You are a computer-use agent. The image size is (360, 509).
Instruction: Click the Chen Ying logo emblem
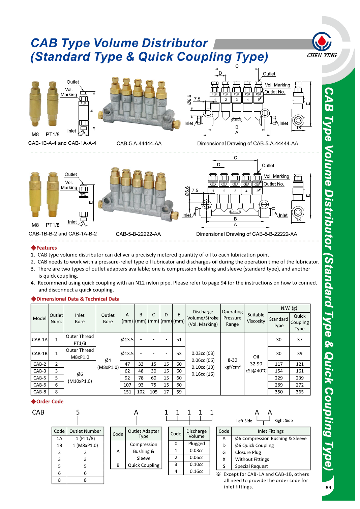pyautogui.click(x=322, y=42)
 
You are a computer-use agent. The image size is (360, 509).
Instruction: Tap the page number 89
pyautogui.click(x=328, y=487)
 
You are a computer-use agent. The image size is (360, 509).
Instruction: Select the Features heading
pyautogui.click(x=47, y=248)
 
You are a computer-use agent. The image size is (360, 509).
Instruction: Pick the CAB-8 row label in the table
pyautogui.click(x=40, y=392)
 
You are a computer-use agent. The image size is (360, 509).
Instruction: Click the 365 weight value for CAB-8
pyautogui.click(x=300, y=392)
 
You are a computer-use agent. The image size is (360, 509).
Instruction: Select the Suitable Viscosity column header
pyautogui.click(x=256, y=318)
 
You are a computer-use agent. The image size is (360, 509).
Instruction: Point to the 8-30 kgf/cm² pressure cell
pyautogui.click(x=232, y=364)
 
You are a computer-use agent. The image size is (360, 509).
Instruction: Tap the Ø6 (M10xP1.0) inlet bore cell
pyautogui.click(x=80, y=378)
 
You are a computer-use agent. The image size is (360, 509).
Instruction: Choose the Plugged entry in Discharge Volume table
pyautogui.click(x=197, y=444)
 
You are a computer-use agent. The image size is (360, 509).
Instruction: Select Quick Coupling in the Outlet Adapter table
pyautogui.click(x=144, y=465)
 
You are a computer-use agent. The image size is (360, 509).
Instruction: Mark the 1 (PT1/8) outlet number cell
pyautogui.click(x=85, y=439)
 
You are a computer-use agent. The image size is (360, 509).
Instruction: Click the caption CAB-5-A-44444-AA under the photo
pyautogui.click(x=139, y=143)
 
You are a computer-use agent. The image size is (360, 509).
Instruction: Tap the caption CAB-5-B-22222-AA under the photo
pyautogui.click(x=138, y=234)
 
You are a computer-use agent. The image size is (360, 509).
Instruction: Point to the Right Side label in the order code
pyautogui.click(x=283, y=421)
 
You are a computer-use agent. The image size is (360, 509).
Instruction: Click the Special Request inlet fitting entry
pyautogui.click(x=251, y=466)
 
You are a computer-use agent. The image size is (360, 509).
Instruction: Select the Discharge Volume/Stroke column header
pyautogui.click(x=203, y=318)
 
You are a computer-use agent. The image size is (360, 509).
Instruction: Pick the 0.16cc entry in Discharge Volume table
pyautogui.click(x=197, y=471)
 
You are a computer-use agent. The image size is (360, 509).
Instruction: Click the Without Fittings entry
pyautogui.click(x=252, y=459)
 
